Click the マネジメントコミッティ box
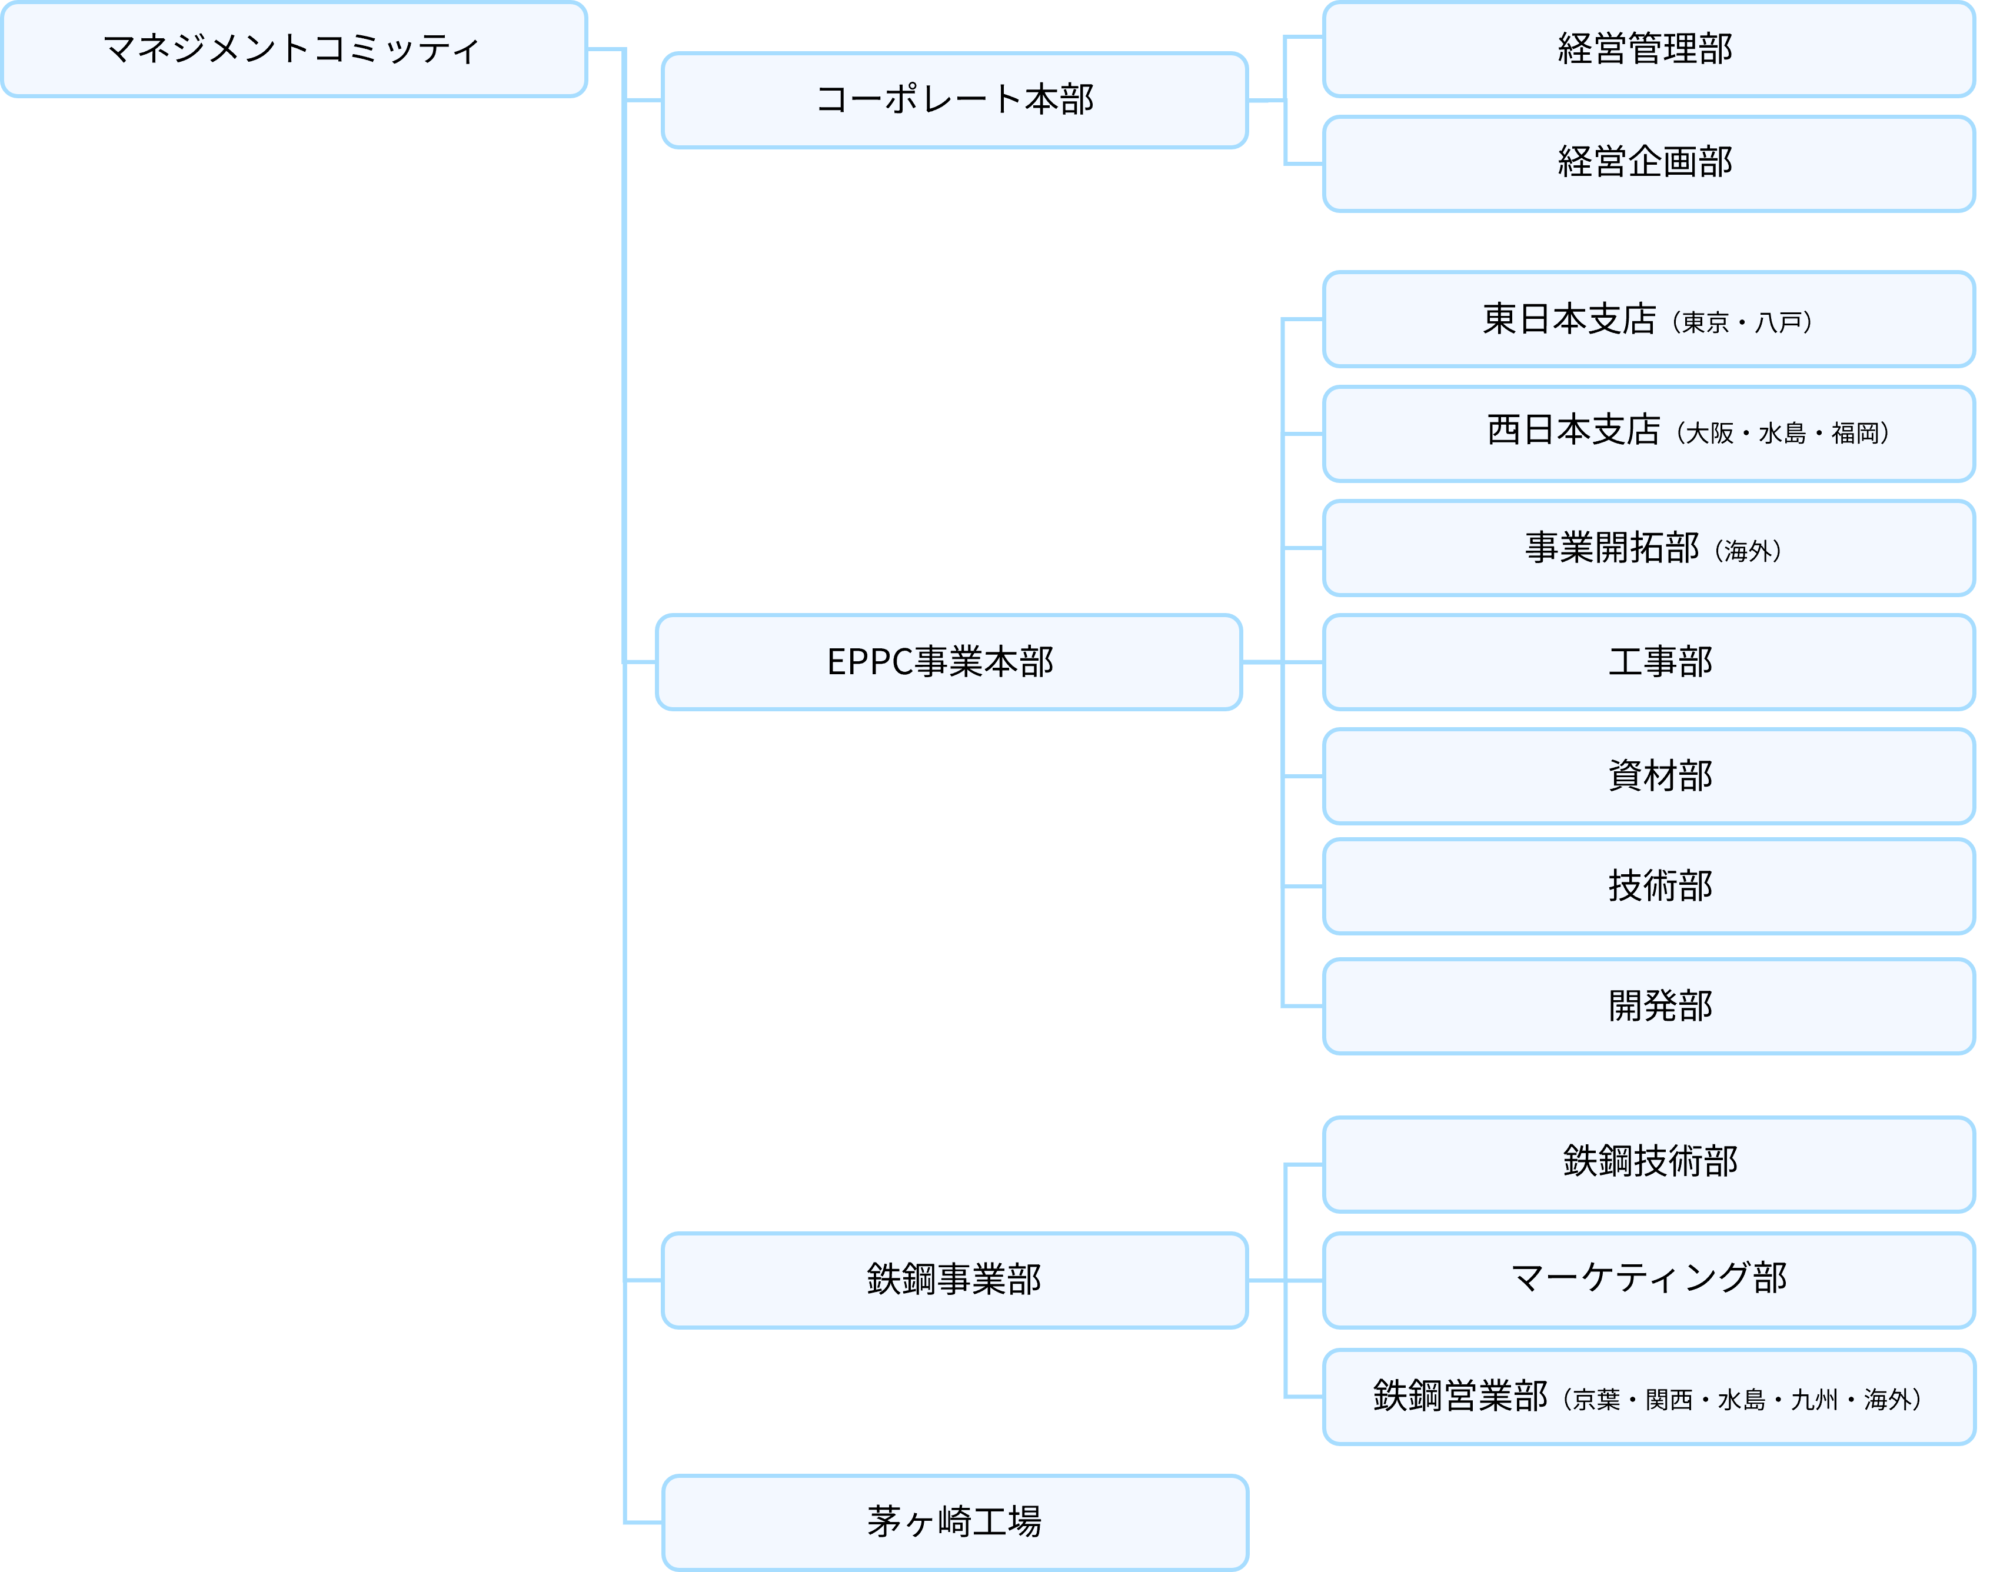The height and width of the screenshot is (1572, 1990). tap(294, 49)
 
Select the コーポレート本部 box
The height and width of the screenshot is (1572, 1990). tap(954, 99)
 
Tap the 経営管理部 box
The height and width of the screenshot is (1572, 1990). tap(1648, 49)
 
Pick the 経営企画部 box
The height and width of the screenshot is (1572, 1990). tap(1648, 163)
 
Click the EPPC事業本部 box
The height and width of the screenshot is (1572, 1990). tap(948, 662)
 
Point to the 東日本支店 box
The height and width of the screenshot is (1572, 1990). tap(1648, 319)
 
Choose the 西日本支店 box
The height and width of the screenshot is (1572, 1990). tap(1648, 434)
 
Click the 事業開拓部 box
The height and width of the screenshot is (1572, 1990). tap(1648, 548)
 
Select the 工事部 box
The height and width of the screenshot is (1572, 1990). tap(1648, 662)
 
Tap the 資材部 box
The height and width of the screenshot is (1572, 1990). tap(1648, 776)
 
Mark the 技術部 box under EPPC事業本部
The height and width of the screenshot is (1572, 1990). tap(1648, 887)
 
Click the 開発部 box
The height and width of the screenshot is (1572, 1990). tap(1648, 1006)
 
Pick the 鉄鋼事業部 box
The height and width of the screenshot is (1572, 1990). tap(954, 1280)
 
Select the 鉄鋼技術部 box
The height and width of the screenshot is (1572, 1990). tap(1648, 1164)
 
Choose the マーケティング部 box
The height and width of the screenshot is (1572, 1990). tap(1648, 1280)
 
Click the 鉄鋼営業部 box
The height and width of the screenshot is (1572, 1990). tap(1648, 1396)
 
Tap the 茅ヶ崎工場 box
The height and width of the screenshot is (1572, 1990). tap(954, 1523)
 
